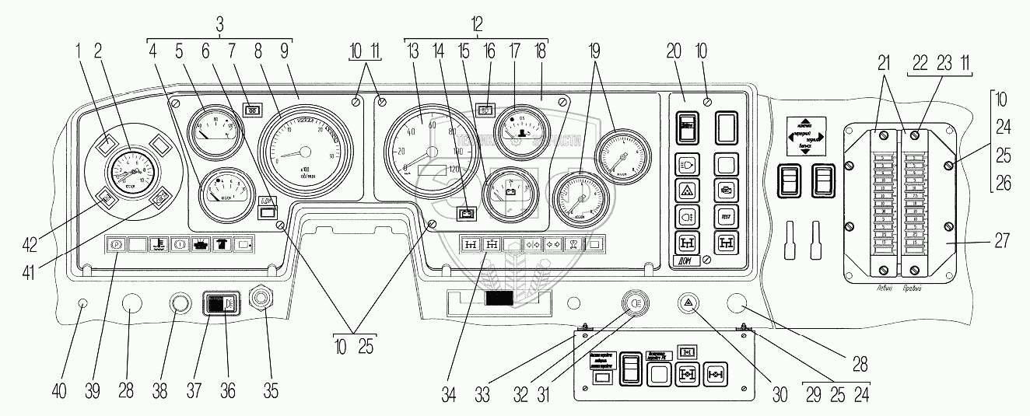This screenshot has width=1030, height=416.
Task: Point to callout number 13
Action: pyautogui.click(x=414, y=51)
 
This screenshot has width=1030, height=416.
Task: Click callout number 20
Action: pyautogui.click(x=674, y=51)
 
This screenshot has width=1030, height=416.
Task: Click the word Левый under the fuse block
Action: pyautogui.click(x=881, y=288)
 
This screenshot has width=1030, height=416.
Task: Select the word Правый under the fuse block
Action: pyautogui.click(x=913, y=288)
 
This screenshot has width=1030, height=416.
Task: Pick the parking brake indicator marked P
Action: pyautogui.click(x=115, y=244)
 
